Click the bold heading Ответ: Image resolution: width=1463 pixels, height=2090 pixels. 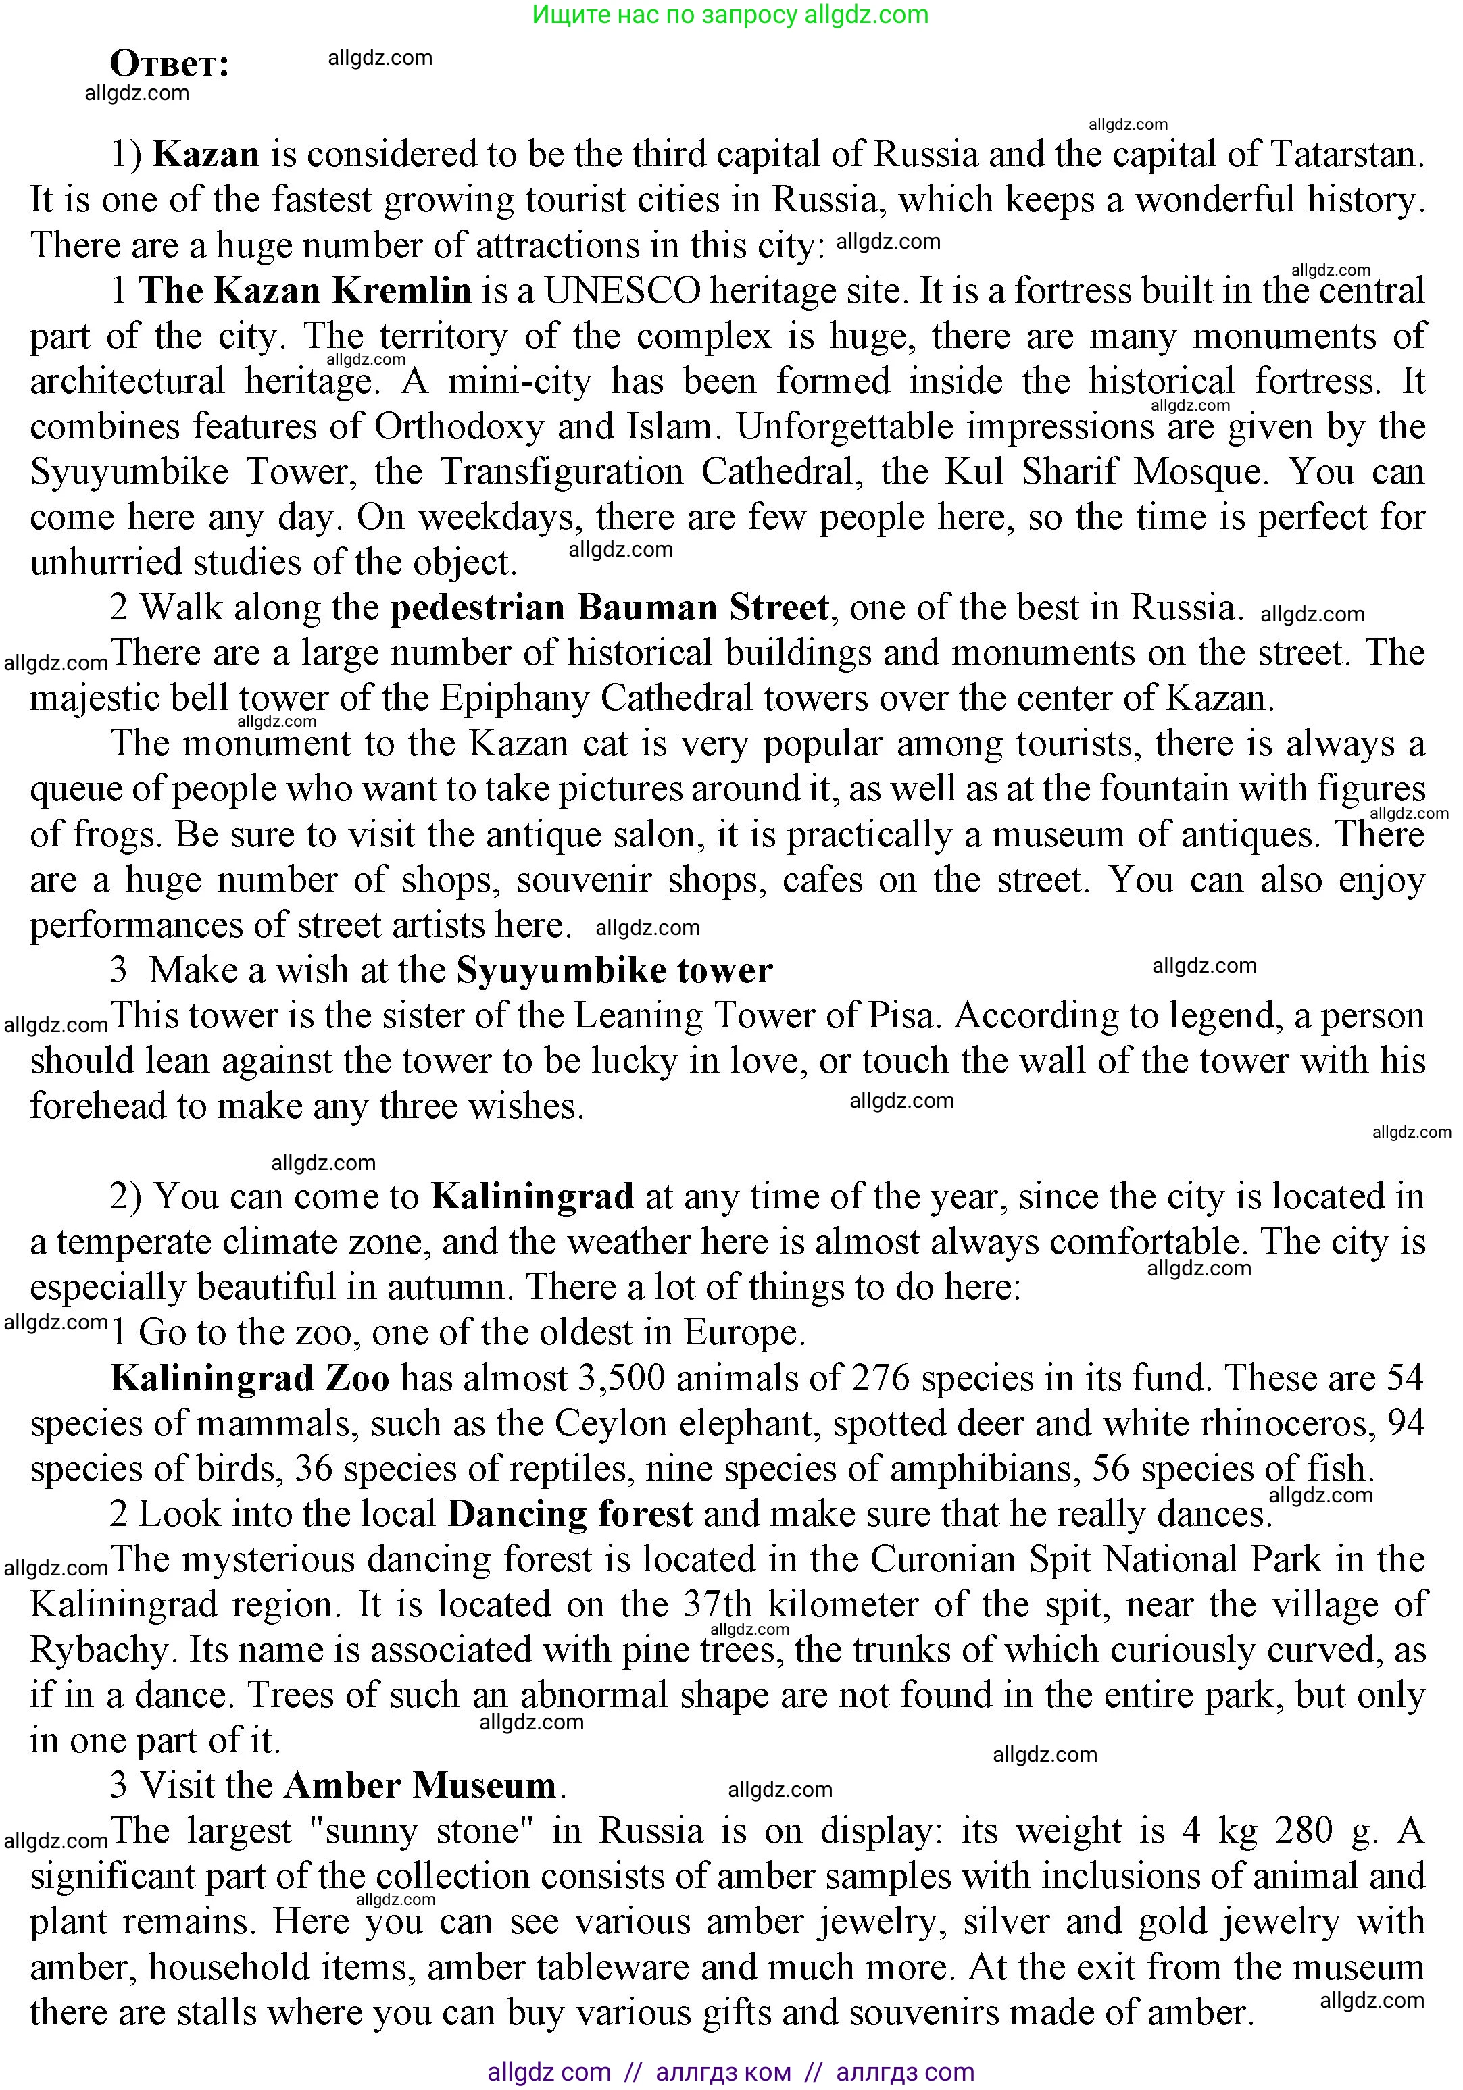tap(170, 63)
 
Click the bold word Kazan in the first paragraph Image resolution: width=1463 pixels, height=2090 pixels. tap(205, 154)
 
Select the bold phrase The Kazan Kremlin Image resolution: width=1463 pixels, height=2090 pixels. tap(305, 290)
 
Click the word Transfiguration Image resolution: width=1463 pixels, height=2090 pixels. tap(562, 471)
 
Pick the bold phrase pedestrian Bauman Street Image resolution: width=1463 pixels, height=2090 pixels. tap(609, 607)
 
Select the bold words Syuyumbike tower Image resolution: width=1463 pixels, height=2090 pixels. tap(614, 970)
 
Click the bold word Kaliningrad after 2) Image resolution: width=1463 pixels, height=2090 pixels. tap(532, 1196)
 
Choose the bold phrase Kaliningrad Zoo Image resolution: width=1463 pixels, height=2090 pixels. tap(250, 1378)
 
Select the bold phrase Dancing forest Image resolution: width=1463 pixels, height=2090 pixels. tap(570, 1514)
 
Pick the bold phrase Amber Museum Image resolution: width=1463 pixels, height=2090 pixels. tap(420, 1786)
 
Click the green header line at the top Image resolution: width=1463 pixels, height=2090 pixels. tap(730, 15)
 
